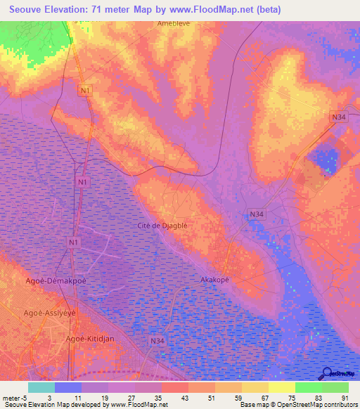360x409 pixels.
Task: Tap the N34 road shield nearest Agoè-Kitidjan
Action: coord(157,341)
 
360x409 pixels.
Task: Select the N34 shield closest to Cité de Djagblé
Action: coord(257,214)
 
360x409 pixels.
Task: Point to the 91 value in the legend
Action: coord(345,397)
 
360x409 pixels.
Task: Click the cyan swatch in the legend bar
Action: coord(41,387)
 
